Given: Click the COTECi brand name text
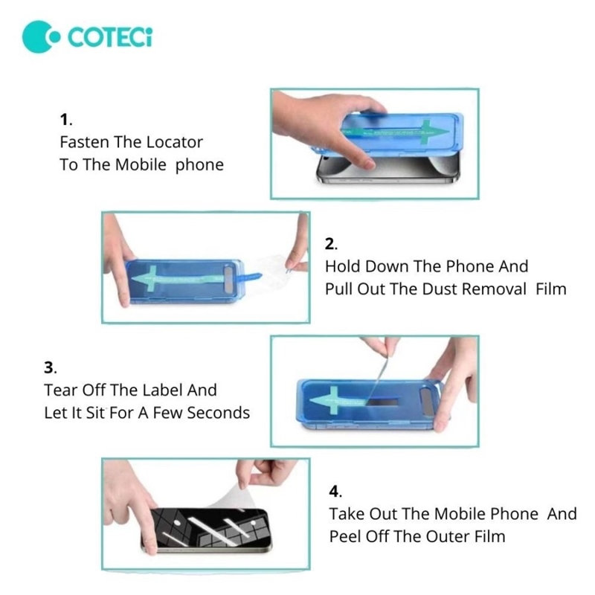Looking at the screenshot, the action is [x=110, y=36].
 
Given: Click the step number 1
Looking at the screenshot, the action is [x=65, y=120].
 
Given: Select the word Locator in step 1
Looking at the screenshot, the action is [x=174, y=142].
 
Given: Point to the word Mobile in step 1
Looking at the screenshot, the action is [x=141, y=164].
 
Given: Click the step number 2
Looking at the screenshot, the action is [x=331, y=244].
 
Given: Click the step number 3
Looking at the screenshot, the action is [x=50, y=367].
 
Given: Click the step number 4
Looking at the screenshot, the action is [x=335, y=492].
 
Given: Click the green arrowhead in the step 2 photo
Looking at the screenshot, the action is [x=145, y=278].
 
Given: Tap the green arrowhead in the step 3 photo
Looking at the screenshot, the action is [x=325, y=400].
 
